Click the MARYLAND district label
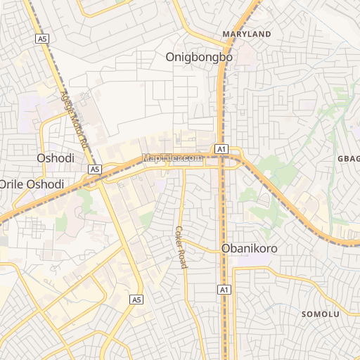tap(246, 34)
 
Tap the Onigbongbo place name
tap(199, 57)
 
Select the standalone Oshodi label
tap(55, 158)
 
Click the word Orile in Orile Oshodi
tap(11, 184)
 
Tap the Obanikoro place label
tap(250, 248)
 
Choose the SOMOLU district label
tap(321, 314)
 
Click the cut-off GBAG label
tap(349, 158)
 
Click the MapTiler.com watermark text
tap(172, 158)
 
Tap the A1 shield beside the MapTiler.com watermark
tap(221, 148)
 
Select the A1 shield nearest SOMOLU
tap(224, 290)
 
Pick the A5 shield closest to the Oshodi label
tap(95, 169)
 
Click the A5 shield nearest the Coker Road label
tap(136, 300)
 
